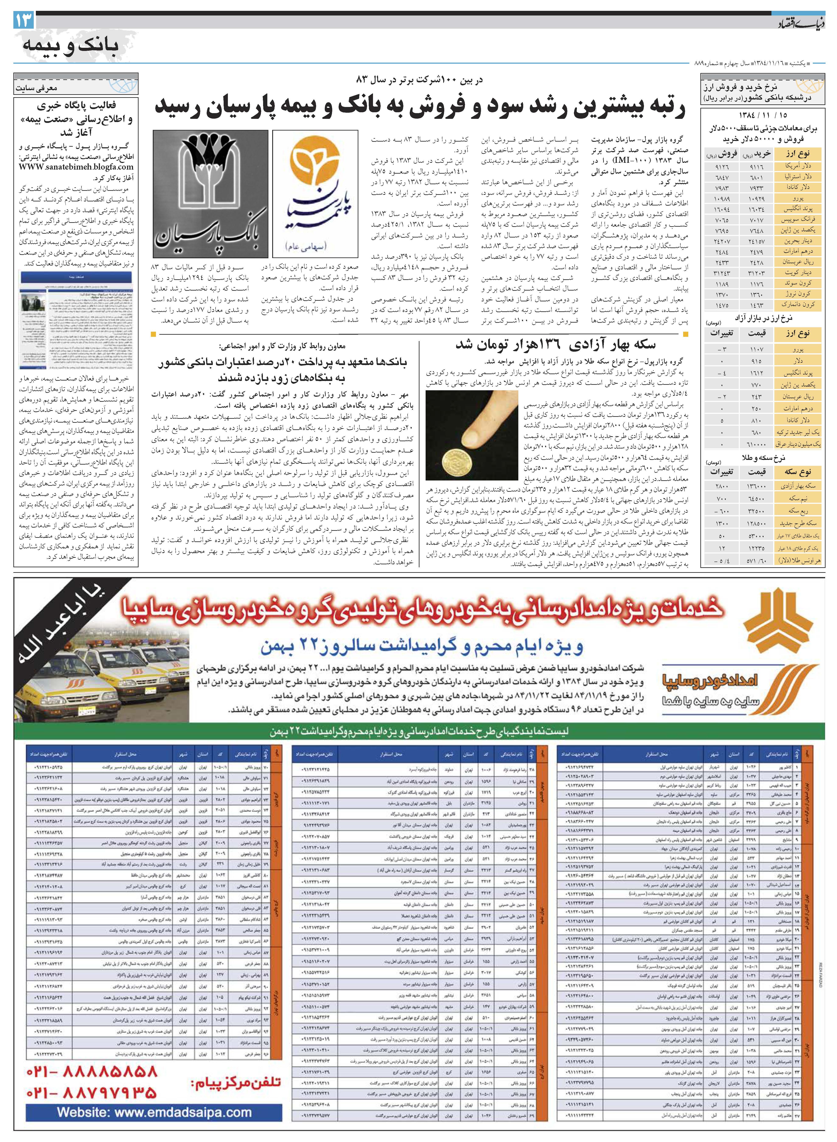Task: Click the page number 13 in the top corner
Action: pos(24,20)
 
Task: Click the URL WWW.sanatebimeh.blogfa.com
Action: pos(76,167)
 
